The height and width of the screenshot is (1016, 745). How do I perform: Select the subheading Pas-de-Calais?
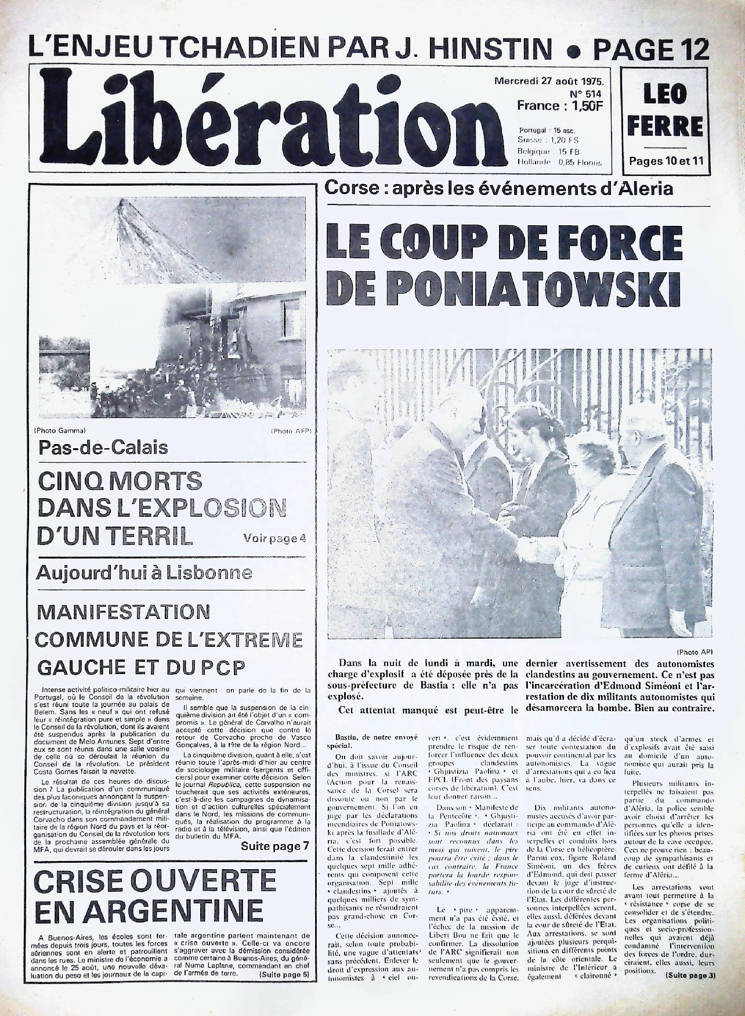tap(103, 448)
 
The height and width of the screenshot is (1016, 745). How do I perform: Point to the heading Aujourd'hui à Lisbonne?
tap(144, 573)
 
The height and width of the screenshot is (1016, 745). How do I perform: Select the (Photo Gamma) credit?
tap(60, 430)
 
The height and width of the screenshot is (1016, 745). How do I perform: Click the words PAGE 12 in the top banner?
tap(652, 49)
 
